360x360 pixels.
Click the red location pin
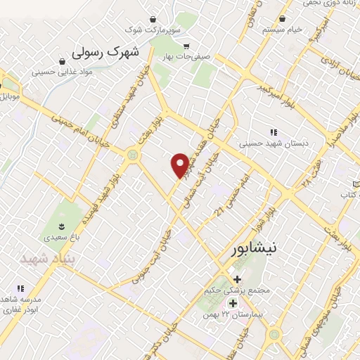point(180,165)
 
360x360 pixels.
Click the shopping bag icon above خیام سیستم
point(282,18)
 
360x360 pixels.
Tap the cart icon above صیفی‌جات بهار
point(186,46)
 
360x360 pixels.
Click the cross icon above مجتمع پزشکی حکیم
point(238,279)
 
